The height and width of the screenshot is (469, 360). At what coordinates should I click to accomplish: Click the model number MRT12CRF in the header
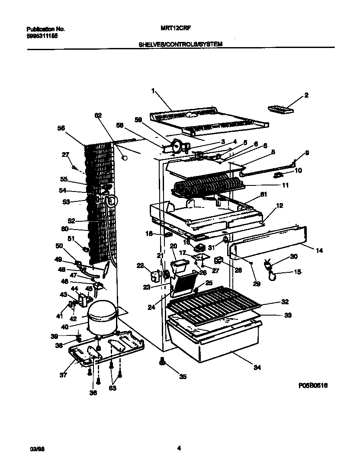170,29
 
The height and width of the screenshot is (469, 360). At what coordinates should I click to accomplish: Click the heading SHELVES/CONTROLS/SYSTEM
180,44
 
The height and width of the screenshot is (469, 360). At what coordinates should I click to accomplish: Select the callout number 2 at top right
306,95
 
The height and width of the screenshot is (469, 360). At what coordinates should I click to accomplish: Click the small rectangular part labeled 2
281,109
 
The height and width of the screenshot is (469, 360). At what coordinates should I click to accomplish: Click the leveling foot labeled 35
163,361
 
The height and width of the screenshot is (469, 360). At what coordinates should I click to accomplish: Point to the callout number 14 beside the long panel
319,250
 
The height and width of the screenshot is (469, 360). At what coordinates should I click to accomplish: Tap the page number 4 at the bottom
179,448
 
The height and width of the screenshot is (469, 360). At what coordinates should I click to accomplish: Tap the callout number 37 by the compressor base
64,375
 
